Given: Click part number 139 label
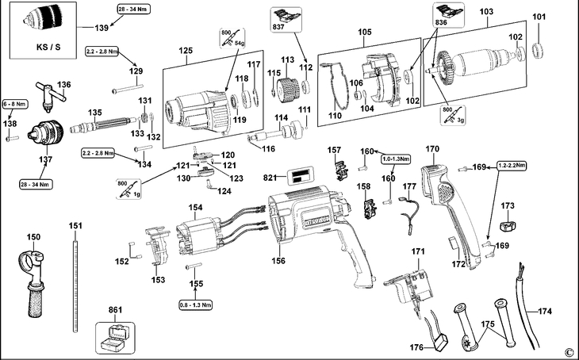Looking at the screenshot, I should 102,28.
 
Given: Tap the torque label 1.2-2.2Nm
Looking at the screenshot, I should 512,167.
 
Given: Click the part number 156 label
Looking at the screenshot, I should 278,259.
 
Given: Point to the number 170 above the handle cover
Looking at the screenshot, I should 432,148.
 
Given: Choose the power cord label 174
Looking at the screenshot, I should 544,311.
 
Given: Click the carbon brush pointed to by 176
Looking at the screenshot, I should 440,343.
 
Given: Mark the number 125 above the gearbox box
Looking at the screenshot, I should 186,51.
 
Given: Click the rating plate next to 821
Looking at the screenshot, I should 297,178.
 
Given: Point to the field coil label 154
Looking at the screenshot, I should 195,207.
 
